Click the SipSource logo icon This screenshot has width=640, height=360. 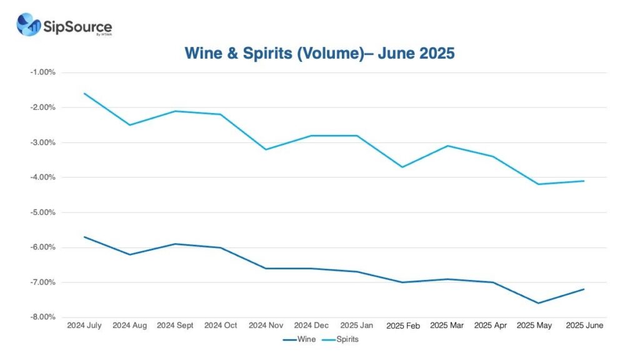[29, 24]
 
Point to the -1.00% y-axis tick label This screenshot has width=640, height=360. [42, 72]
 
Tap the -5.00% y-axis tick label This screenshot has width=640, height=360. [42, 212]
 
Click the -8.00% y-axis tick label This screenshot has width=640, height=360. [42, 317]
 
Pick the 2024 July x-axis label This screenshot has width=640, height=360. [84, 326]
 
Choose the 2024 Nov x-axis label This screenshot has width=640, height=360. [266, 326]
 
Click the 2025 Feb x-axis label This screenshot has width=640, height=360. [402, 326]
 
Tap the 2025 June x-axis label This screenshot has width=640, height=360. [584, 326]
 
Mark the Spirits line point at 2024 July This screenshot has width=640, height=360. [84, 93]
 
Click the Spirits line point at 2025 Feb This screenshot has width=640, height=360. [402, 167]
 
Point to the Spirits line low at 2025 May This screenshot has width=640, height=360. [539, 184]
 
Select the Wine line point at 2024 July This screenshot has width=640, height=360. [84, 237]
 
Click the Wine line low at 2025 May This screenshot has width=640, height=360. [539, 303]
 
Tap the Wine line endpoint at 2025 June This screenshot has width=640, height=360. [584, 289]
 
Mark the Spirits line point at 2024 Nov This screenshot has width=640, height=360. [266, 149]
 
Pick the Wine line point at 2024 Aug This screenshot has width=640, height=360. [130, 254]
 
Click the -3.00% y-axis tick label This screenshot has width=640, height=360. [42, 142]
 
